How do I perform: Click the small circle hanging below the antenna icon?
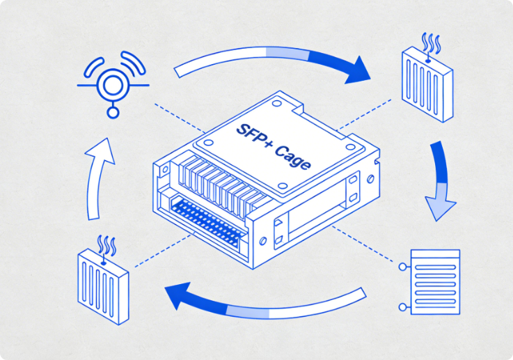click(111, 112)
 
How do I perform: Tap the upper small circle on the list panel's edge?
click(402, 267)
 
